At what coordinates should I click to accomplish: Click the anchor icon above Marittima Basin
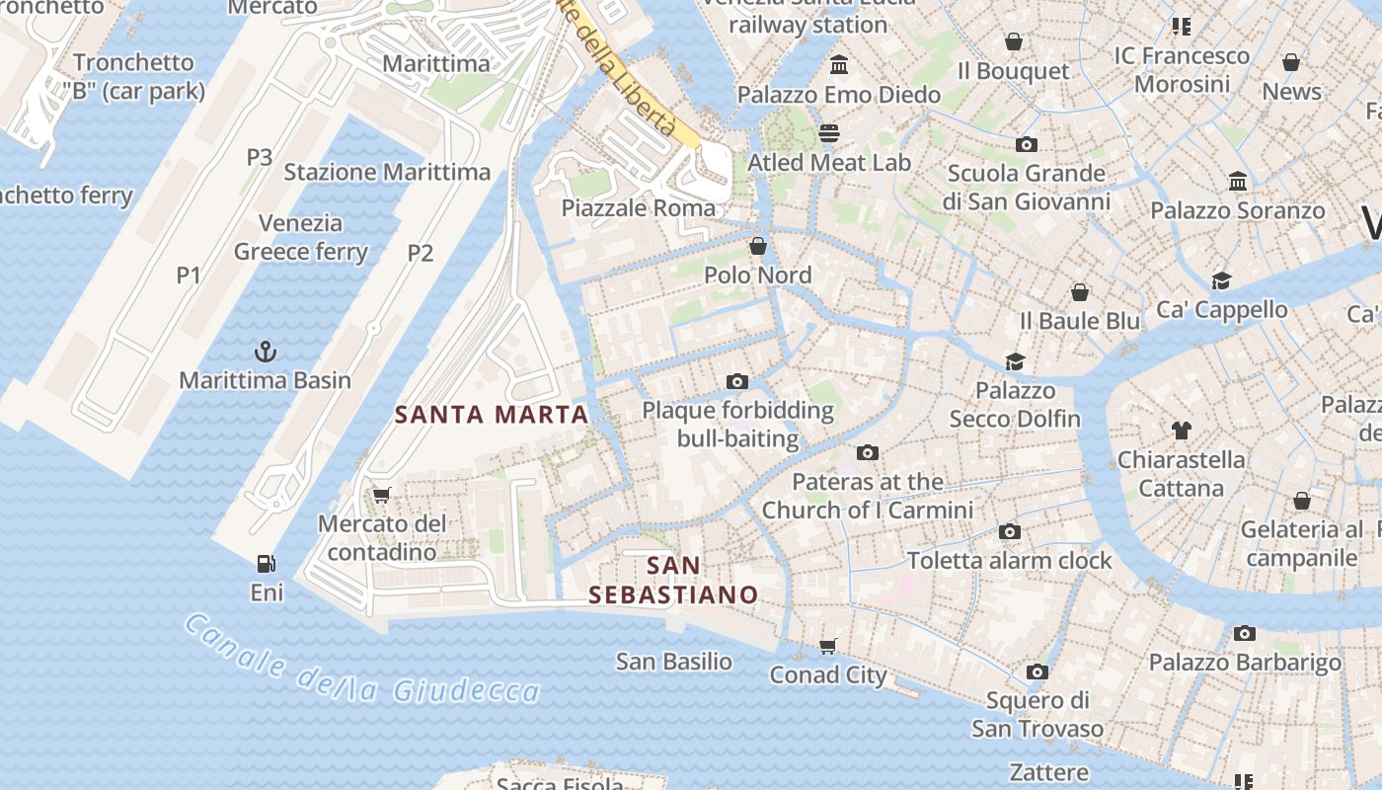tap(265, 352)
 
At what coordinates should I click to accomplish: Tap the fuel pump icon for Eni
tap(266, 564)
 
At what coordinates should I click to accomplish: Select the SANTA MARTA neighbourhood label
tap(492, 415)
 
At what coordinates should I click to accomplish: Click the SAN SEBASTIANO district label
tap(673, 581)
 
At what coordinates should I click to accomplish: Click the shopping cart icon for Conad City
tap(828, 646)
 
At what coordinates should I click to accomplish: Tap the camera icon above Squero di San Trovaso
tap(1036, 672)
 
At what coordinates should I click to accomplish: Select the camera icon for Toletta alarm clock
tap(1009, 532)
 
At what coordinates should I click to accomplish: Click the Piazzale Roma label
tap(638, 208)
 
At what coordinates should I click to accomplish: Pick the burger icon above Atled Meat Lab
tap(829, 133)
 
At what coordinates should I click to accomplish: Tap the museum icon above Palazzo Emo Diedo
tap(839, 65)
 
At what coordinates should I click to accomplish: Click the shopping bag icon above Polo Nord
tap(758, 246)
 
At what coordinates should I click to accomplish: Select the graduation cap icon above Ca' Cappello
tap(1222, 280)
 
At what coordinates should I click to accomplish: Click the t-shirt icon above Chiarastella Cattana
tap(1182, 431)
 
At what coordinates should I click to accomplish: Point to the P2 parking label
tap(421, 253)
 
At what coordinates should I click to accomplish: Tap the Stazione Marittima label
tap(387, 172)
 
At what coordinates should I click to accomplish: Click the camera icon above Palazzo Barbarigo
tap(1245, 634)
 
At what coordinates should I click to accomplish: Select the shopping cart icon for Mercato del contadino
tap(382, 495)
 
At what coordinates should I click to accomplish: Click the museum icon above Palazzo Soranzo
tap(1238, 182)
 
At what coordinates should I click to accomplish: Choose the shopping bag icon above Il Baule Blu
tap(1080, 292)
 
